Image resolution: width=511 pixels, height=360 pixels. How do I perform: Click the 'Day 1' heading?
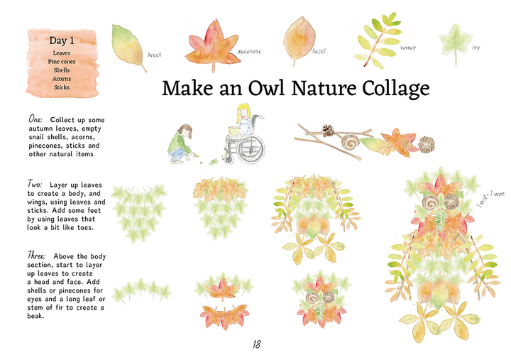(62, 40)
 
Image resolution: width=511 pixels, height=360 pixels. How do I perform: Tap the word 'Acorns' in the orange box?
(62, 79)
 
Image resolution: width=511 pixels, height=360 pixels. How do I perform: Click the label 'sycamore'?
(249, 52)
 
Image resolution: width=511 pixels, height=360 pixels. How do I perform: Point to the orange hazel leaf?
(299, 40)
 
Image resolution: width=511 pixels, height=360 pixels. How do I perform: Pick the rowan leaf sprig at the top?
(379, 40)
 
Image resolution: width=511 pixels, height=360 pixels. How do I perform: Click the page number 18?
(256, 344)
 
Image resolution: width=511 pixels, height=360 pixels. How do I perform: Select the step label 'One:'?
(35, 119)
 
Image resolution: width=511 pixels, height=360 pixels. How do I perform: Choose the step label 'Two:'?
(35, 184)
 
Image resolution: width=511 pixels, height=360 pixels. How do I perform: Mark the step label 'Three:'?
(36, 255)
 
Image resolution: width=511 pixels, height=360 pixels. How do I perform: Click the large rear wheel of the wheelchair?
(251, 149)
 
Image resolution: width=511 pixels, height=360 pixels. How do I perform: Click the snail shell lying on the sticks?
(351, 141)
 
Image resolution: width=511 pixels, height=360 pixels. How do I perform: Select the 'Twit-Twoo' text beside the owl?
(490, 199)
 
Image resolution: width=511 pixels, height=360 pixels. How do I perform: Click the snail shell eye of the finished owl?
(430, 203)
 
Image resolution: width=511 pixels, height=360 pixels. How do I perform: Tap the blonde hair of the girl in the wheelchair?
(243, 112)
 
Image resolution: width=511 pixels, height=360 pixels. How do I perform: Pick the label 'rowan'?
(408, 48)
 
